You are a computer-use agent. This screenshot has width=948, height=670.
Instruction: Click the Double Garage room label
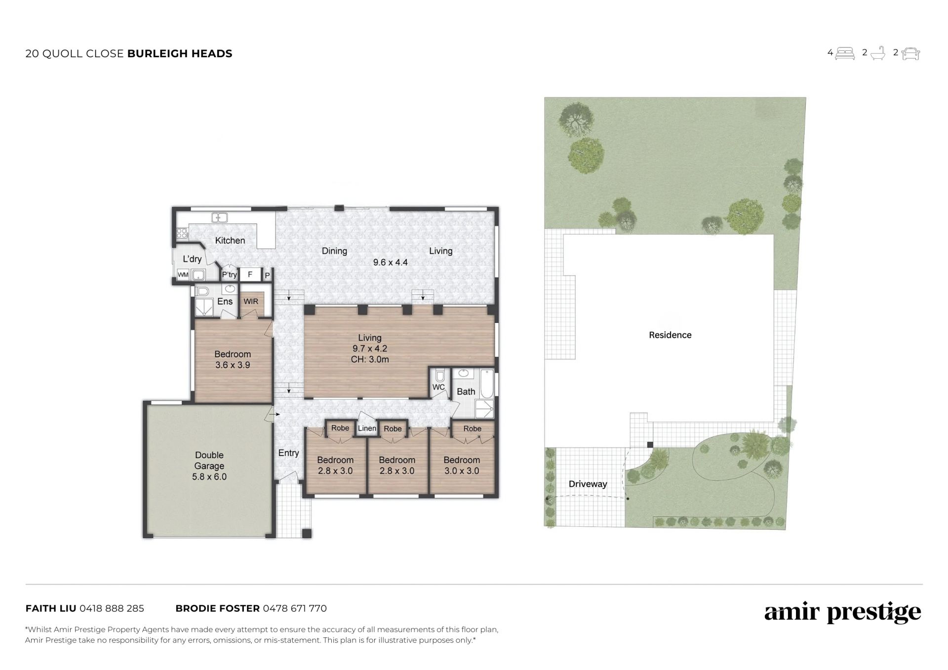coord(209,461)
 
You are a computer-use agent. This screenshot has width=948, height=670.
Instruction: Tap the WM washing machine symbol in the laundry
coord(183,275)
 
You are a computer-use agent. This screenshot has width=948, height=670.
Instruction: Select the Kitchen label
coord(230,240)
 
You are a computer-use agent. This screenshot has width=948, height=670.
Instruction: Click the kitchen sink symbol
coord(219,217)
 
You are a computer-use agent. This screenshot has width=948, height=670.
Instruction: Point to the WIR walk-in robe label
coord(251,302)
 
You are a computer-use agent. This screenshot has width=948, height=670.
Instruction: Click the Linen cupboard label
coord(367,429)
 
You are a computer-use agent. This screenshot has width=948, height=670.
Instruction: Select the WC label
coord(438,388)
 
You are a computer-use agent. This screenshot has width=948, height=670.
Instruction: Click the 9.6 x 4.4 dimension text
coord(390,263)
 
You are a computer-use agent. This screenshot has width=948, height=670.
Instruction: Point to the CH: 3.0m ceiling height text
coord(370,359)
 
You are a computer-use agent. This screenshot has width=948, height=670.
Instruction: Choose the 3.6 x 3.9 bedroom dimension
coord(233,365)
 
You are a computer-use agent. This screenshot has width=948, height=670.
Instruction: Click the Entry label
coord(289,453)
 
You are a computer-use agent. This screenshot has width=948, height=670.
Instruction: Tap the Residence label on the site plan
coord(670,335)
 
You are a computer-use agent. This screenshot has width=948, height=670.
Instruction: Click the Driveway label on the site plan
coord(588,484)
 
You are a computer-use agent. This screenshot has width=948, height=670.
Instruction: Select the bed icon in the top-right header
coord(845,53)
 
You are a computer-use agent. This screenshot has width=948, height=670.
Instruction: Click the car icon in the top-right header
coord(910,54)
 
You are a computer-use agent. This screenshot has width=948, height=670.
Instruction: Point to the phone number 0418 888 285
coord(112,608)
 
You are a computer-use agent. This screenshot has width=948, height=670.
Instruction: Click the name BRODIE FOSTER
coord(218,608)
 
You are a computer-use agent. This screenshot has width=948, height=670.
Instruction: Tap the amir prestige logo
coord(843,613)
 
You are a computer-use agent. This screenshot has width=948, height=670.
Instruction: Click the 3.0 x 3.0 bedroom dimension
coord(462,471)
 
